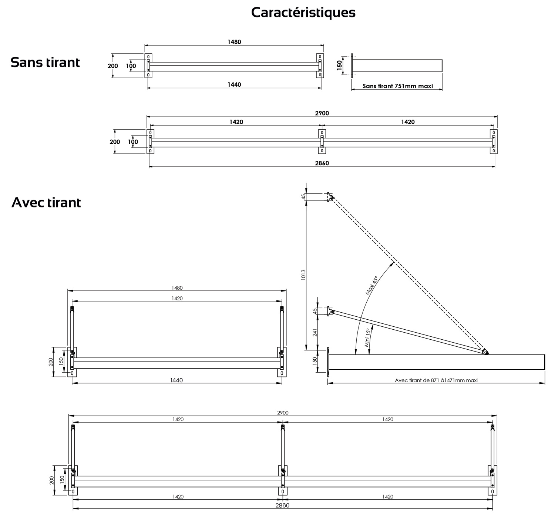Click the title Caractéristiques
click(303, 12)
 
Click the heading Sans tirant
click(45, 62)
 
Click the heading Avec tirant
click(46, 203)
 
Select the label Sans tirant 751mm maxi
click(397, 86)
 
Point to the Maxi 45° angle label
click(371, 285)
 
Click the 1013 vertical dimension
click(303, 274)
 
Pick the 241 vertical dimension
click(315, 332)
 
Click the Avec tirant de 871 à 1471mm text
click(436, 380)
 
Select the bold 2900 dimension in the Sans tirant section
click(322, 113)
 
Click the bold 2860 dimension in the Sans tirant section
click(322, 163)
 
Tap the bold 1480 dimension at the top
click(234, 42)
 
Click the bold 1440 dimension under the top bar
click(234, 84)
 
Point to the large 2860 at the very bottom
click(283, 505)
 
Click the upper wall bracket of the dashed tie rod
click(329, 197)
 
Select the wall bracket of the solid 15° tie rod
click(329, 311)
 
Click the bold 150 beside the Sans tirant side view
click(340, 66)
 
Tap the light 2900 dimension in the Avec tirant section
click(283, 413)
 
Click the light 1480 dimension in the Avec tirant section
click(177, 288)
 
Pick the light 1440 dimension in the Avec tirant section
click(176, 380)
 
